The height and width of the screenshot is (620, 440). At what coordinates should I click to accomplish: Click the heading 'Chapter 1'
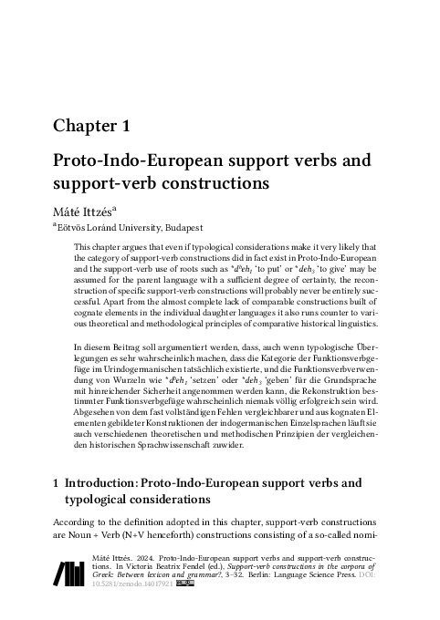(96, 126)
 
